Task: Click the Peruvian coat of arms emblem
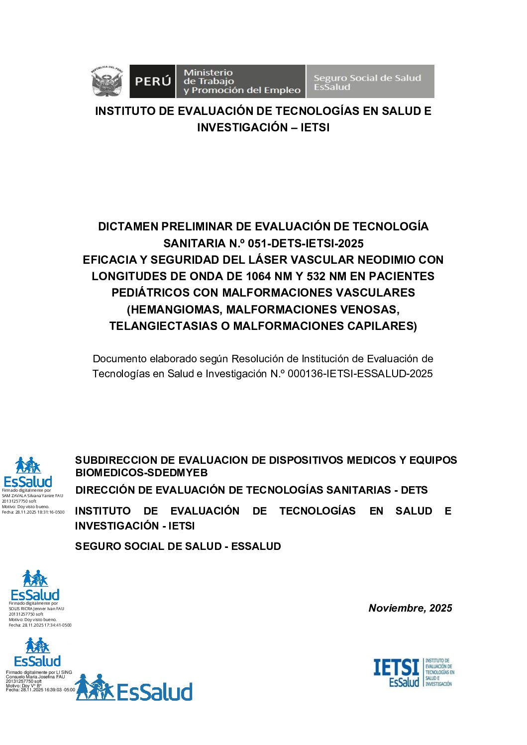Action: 106,81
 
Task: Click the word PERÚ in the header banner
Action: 153,81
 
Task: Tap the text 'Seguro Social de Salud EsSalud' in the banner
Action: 367,82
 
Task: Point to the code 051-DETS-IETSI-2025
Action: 306,243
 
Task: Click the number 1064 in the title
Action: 264,276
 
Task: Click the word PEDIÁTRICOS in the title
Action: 150,293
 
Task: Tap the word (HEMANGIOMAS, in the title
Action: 175,310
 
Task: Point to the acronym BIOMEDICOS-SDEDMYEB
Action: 142,473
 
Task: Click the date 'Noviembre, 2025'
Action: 410,608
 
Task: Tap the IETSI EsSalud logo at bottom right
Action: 414,672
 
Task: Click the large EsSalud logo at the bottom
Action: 134,689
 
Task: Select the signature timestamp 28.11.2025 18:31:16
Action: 40,512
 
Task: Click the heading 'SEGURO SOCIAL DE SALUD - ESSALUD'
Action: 178,546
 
